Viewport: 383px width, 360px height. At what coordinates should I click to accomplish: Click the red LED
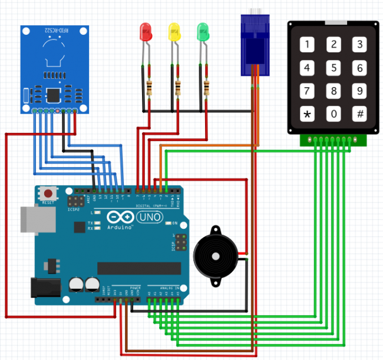click(x=146, y=32)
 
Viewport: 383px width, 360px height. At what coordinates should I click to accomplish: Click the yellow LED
click(x=174, y=32)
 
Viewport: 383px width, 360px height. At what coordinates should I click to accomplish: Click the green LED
click(x=203, y=32)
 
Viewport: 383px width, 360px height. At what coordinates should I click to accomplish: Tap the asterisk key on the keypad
click(x=306, y=114)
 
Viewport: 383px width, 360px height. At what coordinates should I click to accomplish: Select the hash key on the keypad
click(x=359, y=114)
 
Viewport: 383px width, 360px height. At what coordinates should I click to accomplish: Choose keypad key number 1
click(x=306, y=44)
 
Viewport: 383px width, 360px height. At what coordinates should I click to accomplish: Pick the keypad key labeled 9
click(x=359, y=91)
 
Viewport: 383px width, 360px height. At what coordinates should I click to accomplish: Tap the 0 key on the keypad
click(x=333, y=114)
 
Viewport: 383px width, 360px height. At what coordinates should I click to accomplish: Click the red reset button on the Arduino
click(x=48, y=193)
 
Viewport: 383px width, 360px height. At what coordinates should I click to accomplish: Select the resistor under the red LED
click(x=148, y=88)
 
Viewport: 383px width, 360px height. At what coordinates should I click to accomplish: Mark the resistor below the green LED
click(x=206, y=88)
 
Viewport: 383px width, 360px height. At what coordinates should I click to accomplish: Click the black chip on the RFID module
click(x=54, y=95)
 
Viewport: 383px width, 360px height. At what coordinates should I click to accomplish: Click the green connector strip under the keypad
click(x=333, y=140)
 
